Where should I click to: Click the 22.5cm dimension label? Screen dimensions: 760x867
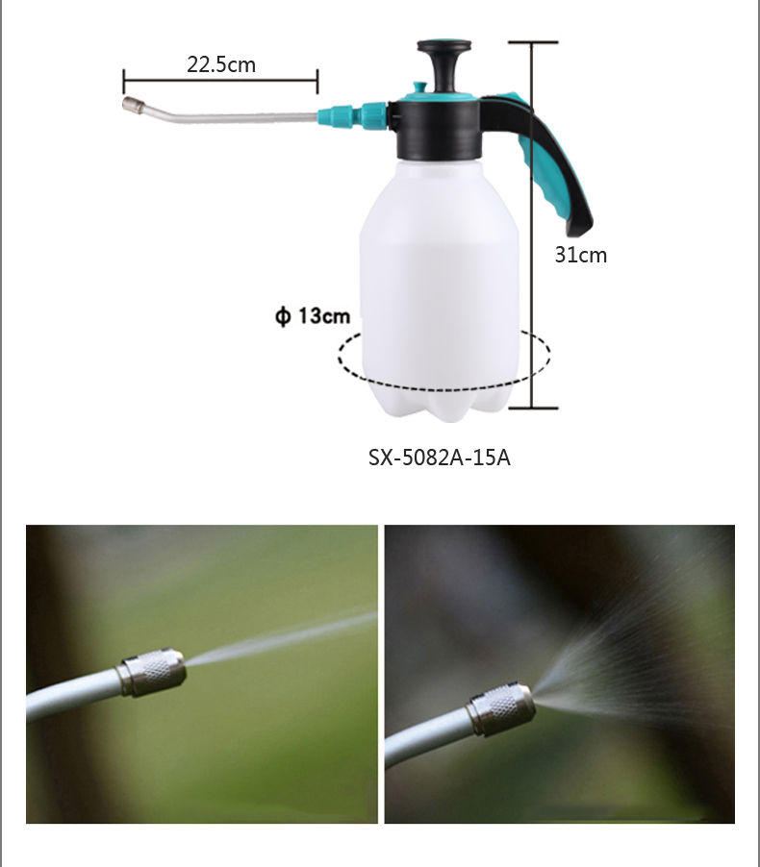[221, 64]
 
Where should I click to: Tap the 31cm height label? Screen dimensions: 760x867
[581, 255]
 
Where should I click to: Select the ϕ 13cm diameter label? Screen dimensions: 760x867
[313, 315]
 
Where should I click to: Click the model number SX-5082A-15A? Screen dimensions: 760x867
[439, 458]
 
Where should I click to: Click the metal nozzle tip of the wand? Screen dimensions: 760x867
[131, 104]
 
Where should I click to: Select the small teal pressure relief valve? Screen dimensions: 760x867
[419, 87]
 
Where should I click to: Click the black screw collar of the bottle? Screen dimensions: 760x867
[438, 131]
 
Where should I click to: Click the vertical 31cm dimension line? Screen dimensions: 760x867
[533, 225]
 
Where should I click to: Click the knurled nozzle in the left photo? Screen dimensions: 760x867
[153, 673]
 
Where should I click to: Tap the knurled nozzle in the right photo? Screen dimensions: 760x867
[501, 708]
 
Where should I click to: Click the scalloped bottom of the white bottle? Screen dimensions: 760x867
[440, 407]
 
